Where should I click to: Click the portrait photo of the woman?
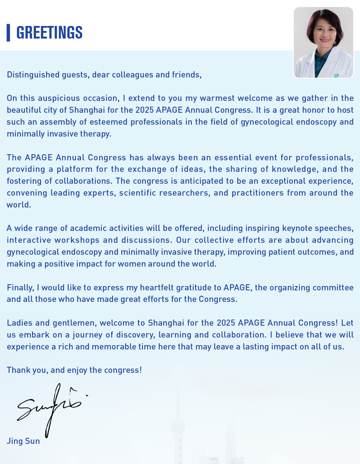(324, 42)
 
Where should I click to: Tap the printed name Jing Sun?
(23, 441)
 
